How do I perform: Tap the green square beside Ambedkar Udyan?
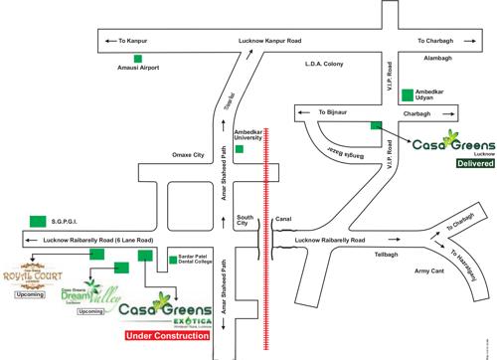[x=408, y=96]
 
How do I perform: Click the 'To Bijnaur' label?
[x=335, y=114]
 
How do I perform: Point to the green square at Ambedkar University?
[x=238, y=148]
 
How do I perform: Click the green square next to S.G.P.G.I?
[x=37, y=221]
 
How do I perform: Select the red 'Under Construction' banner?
[x=166, y=336]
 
